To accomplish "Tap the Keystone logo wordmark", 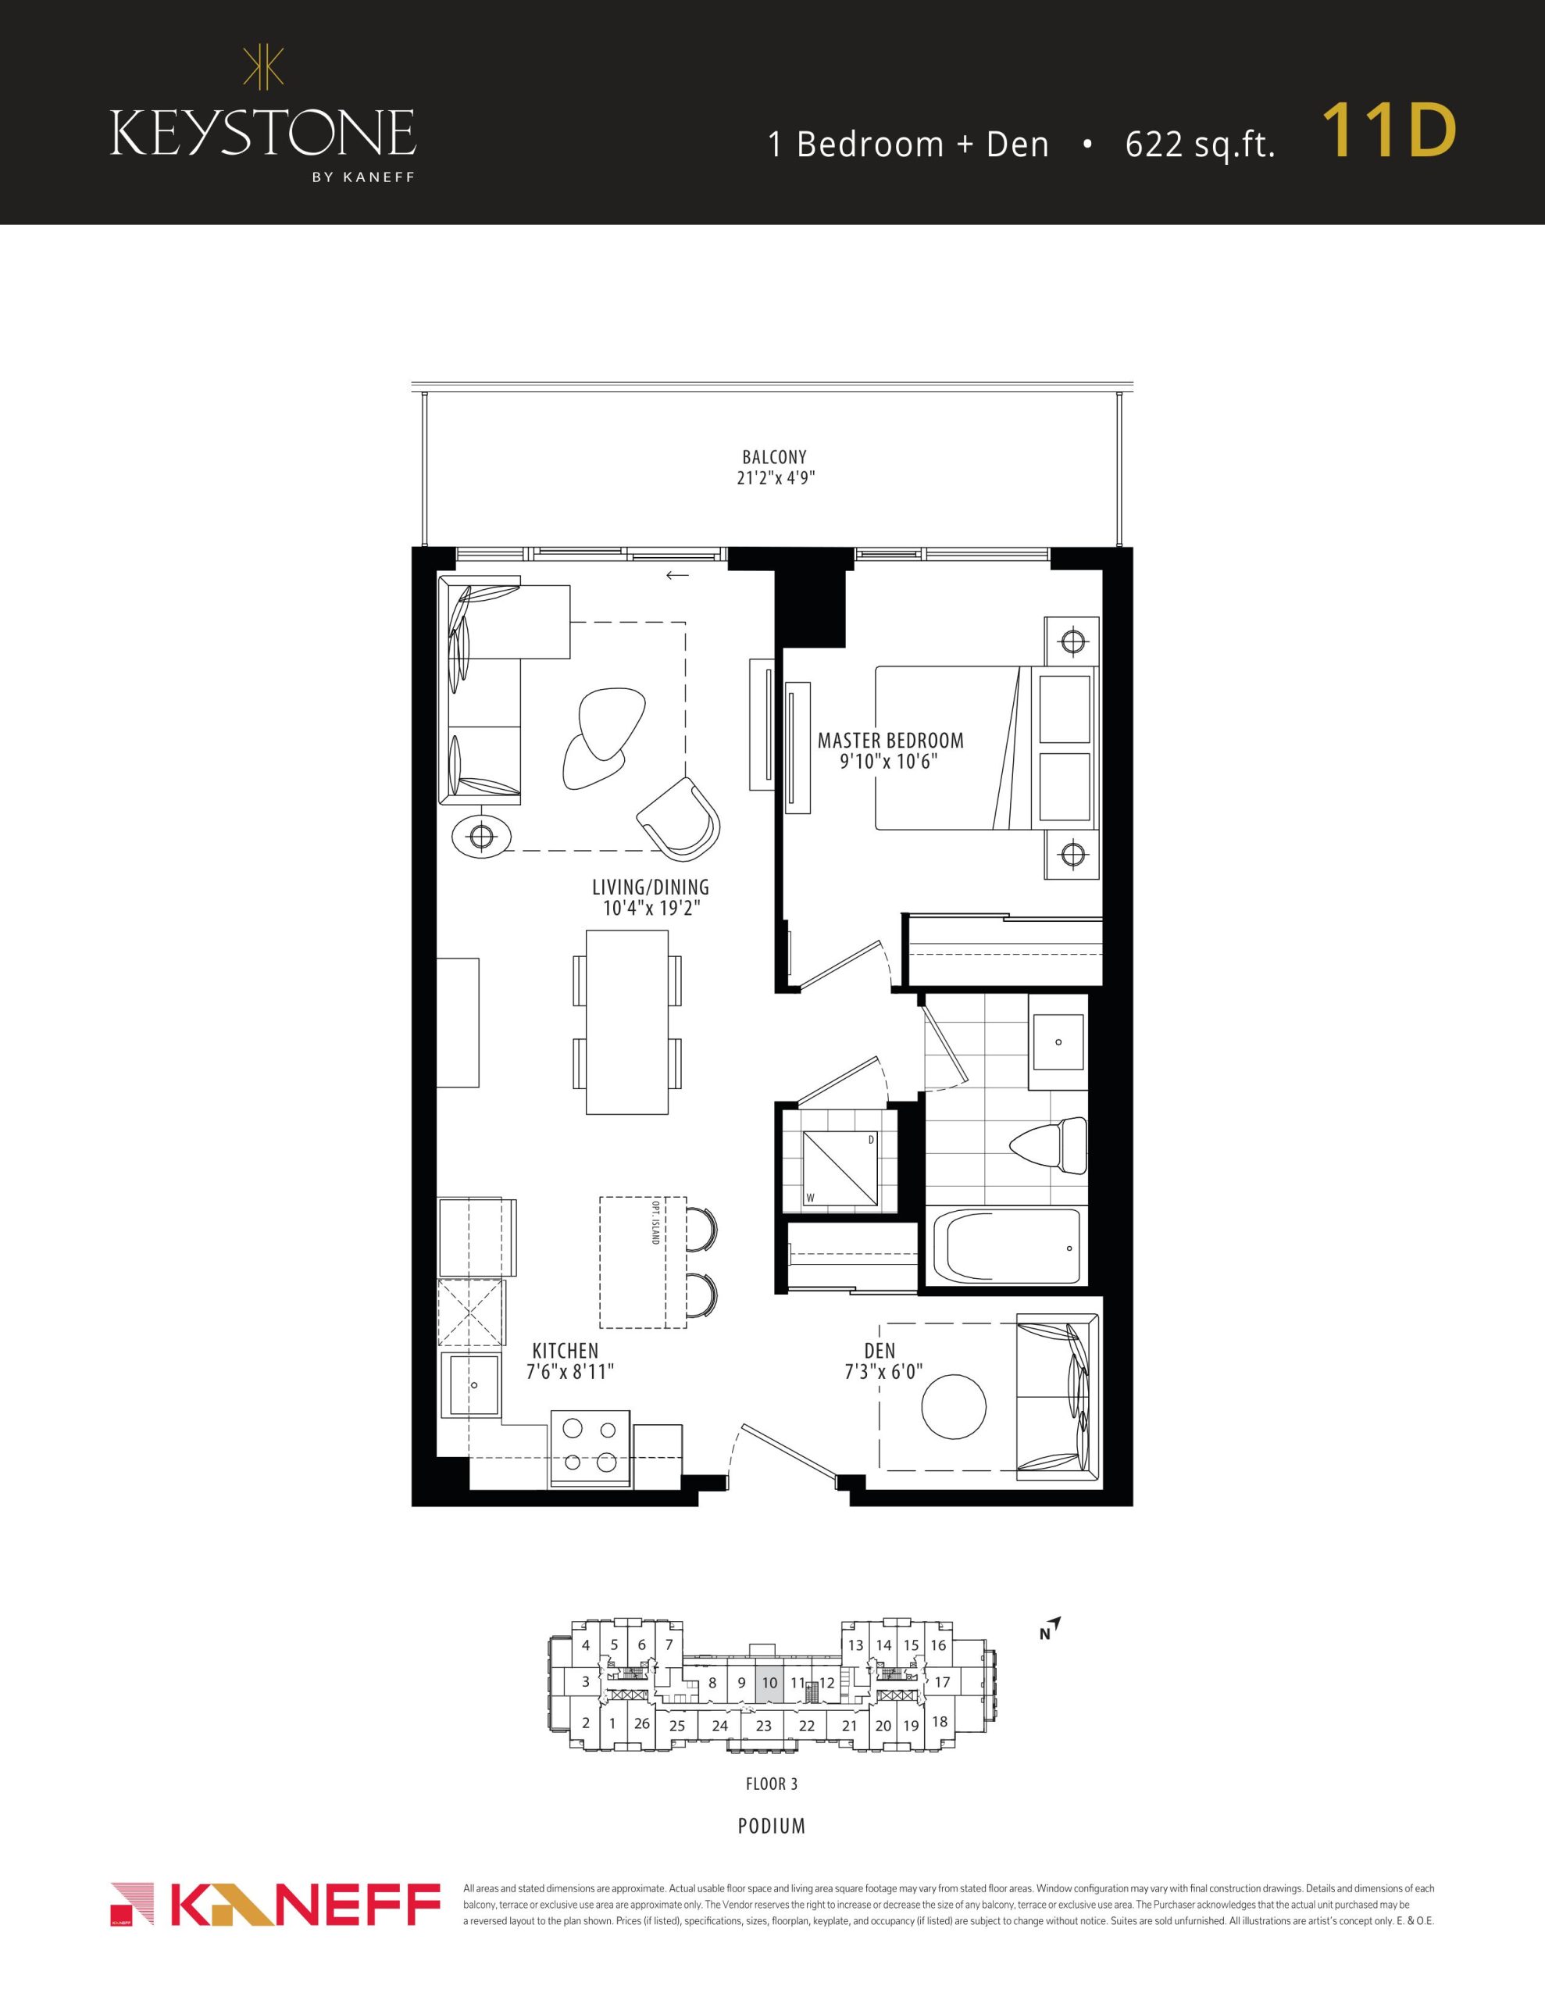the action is [x=263, y=134].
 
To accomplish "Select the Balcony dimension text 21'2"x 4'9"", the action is [x=776, y=477].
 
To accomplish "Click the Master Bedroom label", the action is [x=890, y=740].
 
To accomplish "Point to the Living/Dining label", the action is [x=650, y=887].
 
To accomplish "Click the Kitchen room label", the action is [x=565, y=1351].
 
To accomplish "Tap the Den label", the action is [x=880, y=1351].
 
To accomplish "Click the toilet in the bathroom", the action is [x=1047, y=1145].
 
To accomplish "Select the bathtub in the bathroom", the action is [x=1005, y=1248].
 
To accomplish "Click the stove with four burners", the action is [x=590, y=1450].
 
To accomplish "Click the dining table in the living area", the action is [x=627, y=1022].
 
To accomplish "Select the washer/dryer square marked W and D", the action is [x=840, y=1170].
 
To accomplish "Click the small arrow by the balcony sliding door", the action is [x=676, y=575].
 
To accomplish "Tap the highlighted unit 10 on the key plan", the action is [x=769, y=1683].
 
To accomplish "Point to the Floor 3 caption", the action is [x=765, y=1783].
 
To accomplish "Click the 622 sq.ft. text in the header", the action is [x=1200, y=145].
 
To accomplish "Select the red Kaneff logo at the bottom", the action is [x=276, y=1905].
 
